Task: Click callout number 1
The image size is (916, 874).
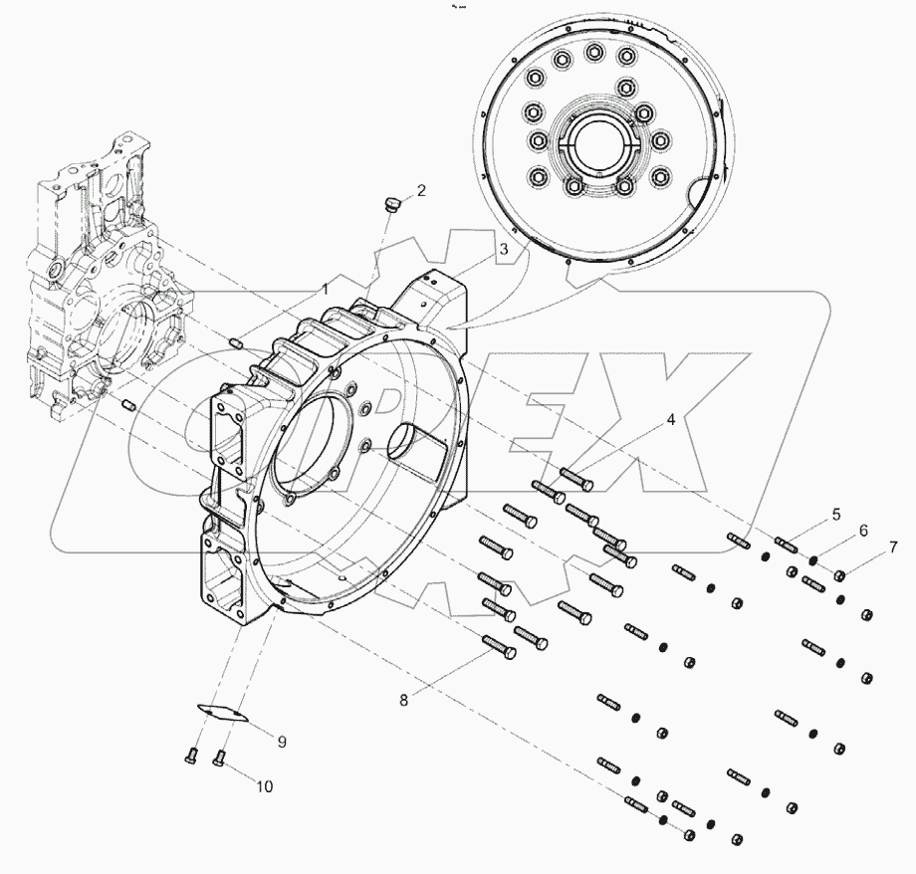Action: pos(325,289)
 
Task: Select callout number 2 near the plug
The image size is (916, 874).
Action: pos(421,190)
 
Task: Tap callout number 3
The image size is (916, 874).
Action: pos(505,249)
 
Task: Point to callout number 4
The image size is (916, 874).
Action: pos(671,420)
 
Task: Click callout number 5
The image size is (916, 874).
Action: pos(835,515)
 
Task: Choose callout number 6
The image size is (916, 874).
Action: pos(863,531)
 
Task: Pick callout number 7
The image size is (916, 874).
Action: pos(893,546)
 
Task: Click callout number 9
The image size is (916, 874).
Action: pos(282,742)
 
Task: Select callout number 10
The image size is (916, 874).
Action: pos(263,786)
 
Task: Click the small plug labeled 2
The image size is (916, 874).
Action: pos(391,205)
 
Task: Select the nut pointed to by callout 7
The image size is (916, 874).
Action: pos(840,574)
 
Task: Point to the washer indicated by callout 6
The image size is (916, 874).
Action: pos(813,561)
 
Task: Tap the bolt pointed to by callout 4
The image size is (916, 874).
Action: pos(576,479)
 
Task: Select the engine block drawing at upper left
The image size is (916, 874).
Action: pos(105,289)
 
